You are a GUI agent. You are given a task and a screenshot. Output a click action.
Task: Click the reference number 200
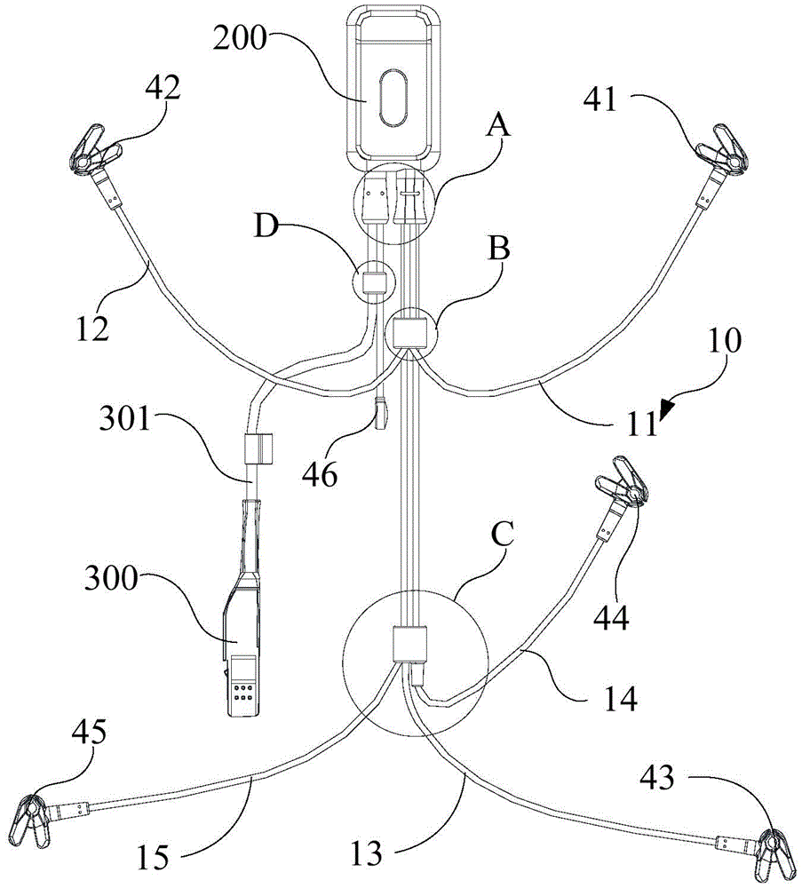coord(239,38)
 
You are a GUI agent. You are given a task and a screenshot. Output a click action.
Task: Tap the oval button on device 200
coord(392,97)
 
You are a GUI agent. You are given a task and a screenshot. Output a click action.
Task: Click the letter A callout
coord(498,124)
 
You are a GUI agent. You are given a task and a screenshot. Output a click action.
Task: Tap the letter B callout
coord(499,249)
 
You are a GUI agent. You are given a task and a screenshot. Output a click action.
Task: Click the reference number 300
coord(111,578)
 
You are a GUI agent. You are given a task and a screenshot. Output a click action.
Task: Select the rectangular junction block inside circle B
coord(410,332)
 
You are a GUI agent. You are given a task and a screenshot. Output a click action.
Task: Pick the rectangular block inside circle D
coord(375,282)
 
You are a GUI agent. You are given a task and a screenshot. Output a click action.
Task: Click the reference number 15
coord(153,857)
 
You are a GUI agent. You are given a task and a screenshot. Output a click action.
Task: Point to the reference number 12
coord(91,328)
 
